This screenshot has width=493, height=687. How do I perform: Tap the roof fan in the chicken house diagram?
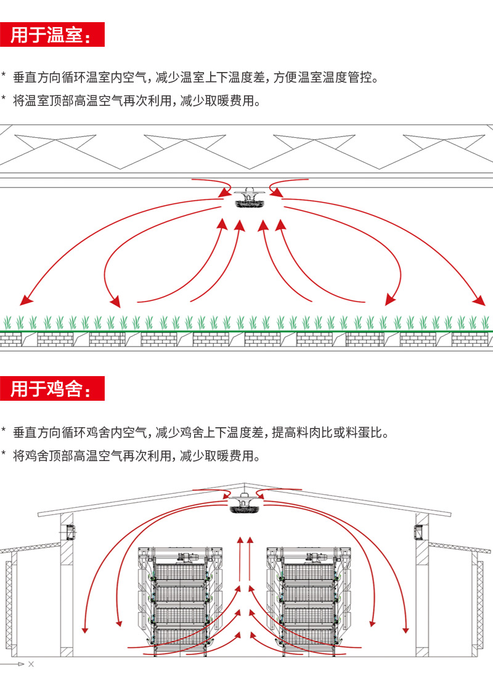244,503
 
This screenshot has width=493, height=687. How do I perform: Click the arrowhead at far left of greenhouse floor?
25,300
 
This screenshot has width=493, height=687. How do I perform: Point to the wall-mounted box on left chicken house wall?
70,529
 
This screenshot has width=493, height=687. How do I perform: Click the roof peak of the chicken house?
245,484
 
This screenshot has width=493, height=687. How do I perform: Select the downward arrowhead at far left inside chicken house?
85,629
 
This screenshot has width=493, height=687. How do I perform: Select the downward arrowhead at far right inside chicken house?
405,629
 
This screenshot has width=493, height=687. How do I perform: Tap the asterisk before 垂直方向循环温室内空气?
4,77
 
